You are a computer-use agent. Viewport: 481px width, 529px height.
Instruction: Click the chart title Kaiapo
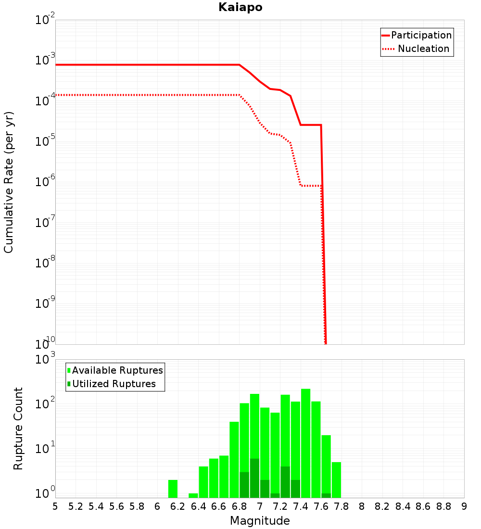coord(240,7)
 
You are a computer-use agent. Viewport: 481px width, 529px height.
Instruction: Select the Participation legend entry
coord(417,35)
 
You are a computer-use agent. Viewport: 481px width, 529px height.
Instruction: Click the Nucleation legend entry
coord(416,49)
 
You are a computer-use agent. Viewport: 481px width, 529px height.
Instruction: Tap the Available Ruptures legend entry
coord(115,370)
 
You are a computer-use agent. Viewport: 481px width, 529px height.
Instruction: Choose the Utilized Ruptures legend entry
coord(112,384)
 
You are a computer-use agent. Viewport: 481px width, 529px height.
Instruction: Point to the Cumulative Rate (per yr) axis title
coord(9,182)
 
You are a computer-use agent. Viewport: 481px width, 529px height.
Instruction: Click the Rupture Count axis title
coord(18,428)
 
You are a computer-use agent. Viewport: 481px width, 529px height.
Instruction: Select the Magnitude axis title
coord(260,520)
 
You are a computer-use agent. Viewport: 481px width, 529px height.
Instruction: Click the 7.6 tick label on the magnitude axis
coord(321,506)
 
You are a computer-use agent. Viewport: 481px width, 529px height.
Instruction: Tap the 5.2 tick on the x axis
coord(76,506)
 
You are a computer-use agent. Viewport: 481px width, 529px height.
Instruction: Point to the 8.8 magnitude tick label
coord(443,506)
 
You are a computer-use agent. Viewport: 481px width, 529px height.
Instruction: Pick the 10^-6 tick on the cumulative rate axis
coord(45,181)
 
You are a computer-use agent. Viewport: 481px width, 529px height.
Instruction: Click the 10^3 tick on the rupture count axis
coord(45,359)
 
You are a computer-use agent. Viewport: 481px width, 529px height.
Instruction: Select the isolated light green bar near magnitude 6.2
coord(173,489)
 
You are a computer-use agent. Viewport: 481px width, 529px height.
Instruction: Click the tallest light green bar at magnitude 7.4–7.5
coord(305,443)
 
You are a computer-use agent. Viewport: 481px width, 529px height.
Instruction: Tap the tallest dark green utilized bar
coord(254,478)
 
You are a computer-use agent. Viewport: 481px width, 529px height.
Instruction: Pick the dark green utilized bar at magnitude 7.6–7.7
coord(326,495)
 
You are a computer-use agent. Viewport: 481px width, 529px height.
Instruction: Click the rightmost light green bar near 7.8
coord(336,480)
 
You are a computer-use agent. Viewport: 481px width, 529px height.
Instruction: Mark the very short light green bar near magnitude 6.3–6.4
coord(193,496)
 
